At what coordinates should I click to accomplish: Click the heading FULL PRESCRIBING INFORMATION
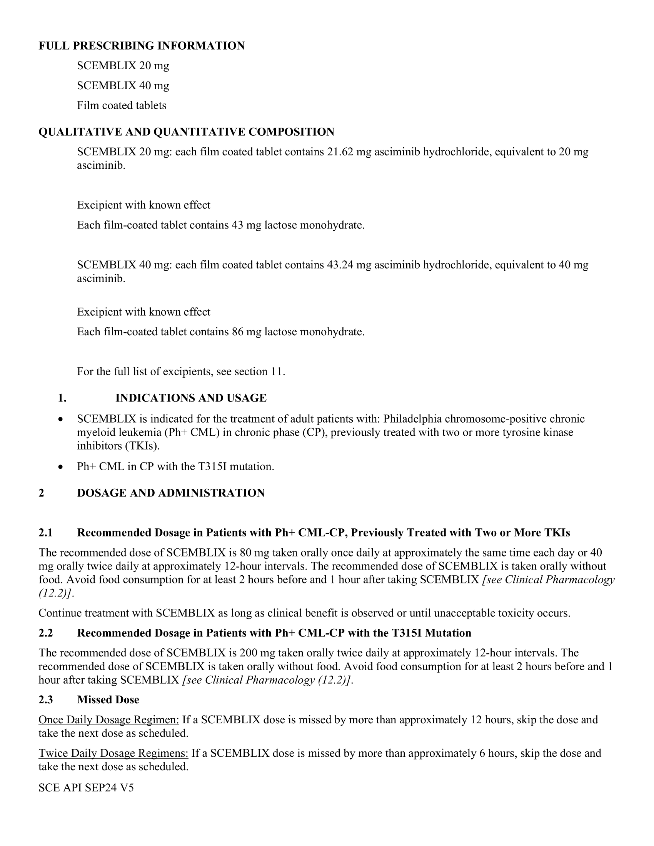pos(142,46)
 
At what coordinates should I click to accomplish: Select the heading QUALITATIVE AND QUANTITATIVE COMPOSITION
pos(186,132)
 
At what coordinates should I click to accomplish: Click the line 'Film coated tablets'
pos(121,105)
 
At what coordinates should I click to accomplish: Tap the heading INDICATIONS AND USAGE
pos(190,398)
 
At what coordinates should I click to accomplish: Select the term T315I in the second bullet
pos(213,466)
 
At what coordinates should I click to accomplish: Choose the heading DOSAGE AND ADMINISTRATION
pos(170,493)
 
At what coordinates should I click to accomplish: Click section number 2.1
pos(45,533)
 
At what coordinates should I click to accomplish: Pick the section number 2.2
pos(45,633)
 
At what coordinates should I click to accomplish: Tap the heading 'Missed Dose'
pos(108,699)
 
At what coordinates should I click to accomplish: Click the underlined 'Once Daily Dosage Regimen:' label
pos(108,720)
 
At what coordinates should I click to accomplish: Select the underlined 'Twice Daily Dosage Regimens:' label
pos(113,753)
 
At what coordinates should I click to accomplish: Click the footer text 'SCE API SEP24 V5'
pos(86,788)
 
